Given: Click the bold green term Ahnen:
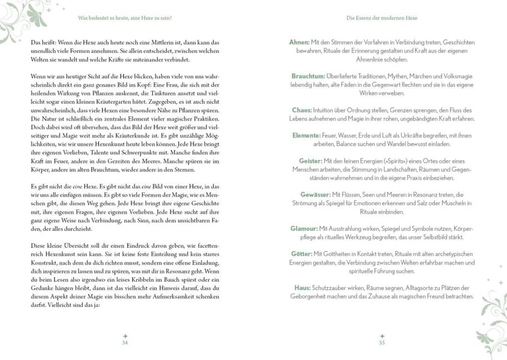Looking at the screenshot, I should coord(300,42).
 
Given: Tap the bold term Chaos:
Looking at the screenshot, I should coord(302,110).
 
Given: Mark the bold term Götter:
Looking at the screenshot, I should coord(302,254).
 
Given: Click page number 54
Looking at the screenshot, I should coord(126,342).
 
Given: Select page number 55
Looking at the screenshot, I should coord(381,342).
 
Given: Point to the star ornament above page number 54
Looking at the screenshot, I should coord(126,336).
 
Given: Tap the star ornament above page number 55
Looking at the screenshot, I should coord(381,336).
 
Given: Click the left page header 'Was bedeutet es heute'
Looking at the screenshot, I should coord(125,18).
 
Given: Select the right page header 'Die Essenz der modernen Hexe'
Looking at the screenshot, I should coord(381,18).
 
